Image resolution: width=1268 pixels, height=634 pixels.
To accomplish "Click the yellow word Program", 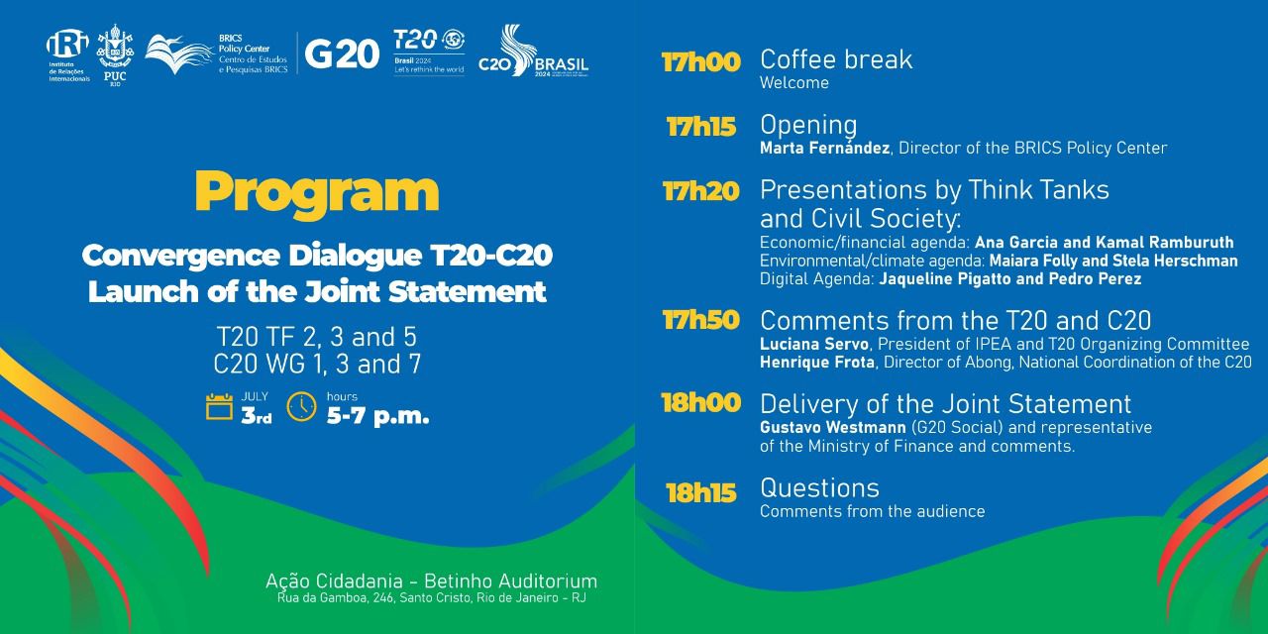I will (316, 192).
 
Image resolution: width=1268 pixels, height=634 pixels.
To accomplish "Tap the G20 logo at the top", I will (341, 53).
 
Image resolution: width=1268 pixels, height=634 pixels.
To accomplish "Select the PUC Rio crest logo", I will (114, 53).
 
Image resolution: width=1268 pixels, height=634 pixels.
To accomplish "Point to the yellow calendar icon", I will (219, 406).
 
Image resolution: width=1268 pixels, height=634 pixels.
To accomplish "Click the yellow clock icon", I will (301, 406).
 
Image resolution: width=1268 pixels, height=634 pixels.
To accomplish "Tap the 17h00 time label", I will (701, 62).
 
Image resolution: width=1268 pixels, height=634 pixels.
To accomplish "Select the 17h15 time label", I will (701, 127).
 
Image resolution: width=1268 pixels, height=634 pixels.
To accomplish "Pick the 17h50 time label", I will (701, 321).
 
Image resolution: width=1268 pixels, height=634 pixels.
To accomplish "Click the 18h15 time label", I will (701, 492).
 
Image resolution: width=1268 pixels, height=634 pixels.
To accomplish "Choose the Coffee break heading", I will (836, 59).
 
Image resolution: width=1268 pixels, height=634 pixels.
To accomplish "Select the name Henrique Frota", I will (817, 363).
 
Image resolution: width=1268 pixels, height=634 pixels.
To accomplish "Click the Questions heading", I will (819, 488).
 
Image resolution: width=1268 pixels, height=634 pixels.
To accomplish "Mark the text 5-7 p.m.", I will (377, 416).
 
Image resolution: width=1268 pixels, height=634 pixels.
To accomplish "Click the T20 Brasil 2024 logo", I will (429, 53).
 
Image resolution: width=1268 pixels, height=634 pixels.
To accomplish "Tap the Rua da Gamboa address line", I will (431, 599).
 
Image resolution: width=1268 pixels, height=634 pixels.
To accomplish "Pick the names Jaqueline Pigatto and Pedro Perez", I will (1010, 279).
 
